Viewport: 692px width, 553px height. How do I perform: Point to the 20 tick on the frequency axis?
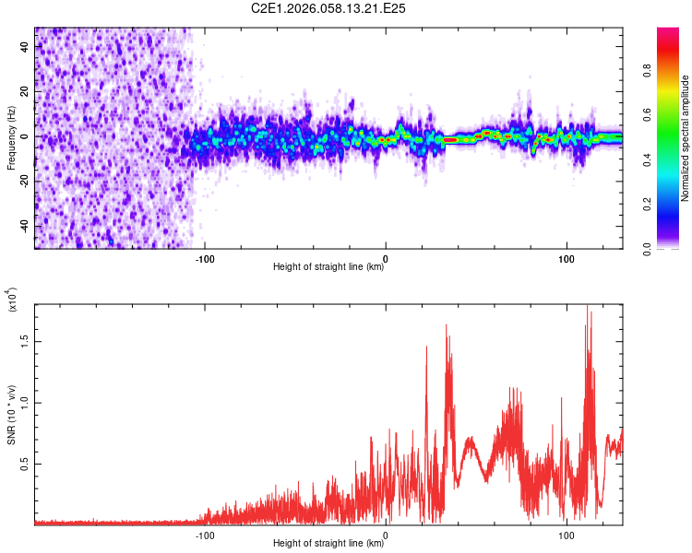(x=24, y=91)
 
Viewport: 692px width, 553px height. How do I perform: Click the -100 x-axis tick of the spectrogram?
(x=205, y=257)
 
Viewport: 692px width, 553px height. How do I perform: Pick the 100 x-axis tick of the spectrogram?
(x=566, y=257)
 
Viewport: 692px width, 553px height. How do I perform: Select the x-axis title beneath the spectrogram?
(x=328, y=267)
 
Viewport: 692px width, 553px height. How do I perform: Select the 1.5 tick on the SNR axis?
(x=24, y=340)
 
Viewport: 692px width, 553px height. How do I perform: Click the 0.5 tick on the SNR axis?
(x=24, y=464)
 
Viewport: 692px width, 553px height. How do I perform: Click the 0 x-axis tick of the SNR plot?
(x=386, y=535)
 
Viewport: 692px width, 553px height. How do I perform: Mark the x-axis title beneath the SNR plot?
(x=328, y=544)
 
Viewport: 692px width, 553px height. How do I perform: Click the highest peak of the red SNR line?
(x=587, y=306)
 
